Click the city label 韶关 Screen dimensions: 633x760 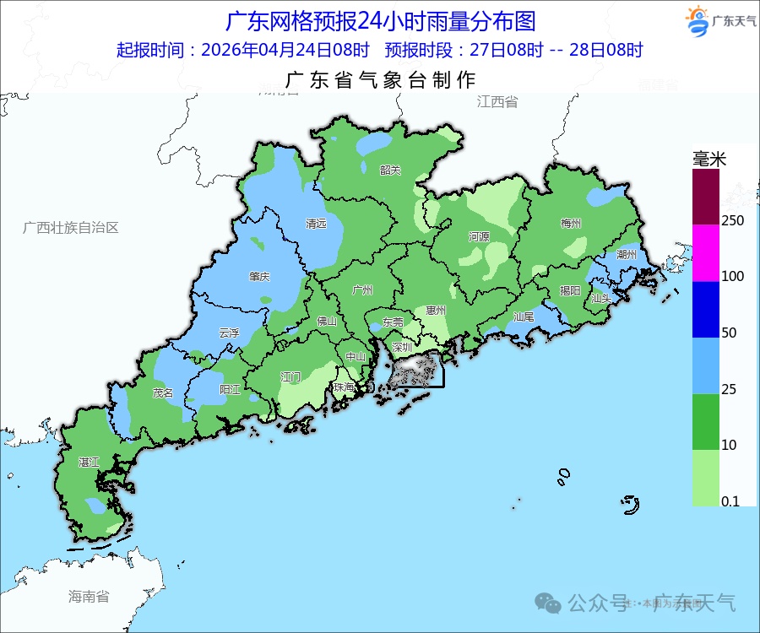pos(390,170)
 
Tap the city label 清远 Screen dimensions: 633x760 pos(316,225)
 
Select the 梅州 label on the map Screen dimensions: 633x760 pos(571,224)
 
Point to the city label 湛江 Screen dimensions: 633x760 pos(89,463)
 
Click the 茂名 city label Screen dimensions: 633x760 pos(162,392)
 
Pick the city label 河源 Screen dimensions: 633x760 pos(479,237)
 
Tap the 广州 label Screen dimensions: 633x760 pos(362,290)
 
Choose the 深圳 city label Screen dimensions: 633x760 pos(401,347)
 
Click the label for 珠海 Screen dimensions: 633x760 pos(344,387)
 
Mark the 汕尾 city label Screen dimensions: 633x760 pos(524,316)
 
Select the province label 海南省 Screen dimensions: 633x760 pos(89,597)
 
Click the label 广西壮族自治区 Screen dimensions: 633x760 pos(71,228)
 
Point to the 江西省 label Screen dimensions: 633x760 pos(497,102)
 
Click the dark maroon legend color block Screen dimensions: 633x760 pos(706,196)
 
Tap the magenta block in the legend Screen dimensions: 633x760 pos(706,252)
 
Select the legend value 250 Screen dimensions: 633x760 pos(733,220)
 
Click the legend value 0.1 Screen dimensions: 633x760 pos(730,501)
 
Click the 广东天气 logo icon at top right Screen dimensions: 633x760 pos(697,21)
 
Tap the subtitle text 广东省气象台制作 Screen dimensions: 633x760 pos(381,80)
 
